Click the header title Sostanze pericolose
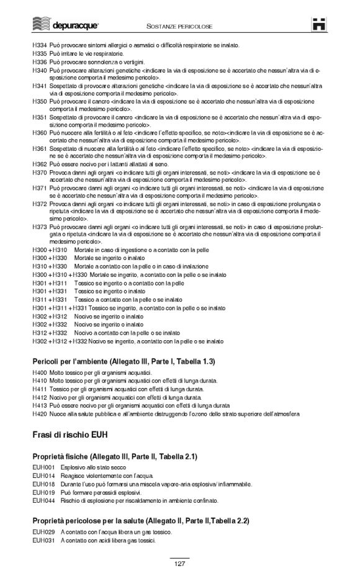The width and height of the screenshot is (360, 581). pos(179,27)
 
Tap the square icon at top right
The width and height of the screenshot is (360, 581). pos(319,25)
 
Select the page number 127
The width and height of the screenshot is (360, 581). pos(179,564)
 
